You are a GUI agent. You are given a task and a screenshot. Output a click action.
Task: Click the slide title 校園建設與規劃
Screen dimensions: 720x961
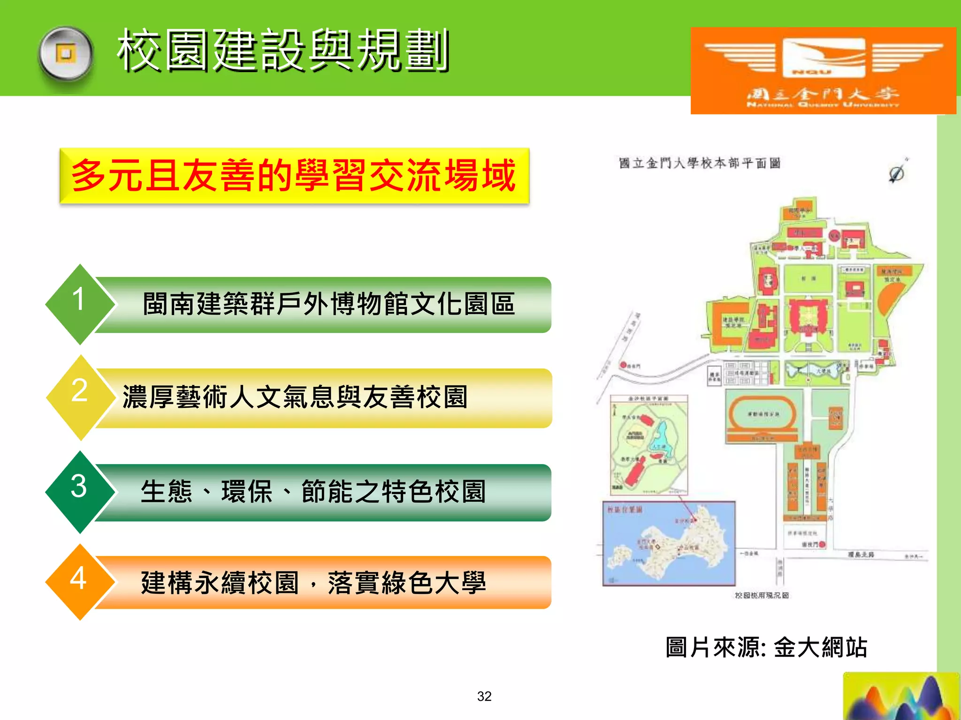pos(283,50)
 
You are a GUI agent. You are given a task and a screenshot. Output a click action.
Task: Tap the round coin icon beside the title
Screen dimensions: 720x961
pos(66,54)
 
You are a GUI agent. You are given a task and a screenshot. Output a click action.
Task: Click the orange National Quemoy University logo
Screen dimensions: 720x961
pos(823,70)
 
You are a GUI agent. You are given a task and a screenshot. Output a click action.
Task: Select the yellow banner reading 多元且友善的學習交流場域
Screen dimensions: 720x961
pos(294,175)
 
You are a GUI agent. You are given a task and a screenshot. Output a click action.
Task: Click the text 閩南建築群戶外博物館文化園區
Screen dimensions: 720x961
pos(328,304)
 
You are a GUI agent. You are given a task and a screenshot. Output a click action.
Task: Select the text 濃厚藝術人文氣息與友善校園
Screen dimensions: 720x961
pos(295,397)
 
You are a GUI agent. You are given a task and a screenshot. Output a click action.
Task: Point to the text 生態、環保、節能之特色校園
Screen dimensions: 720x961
pos(313,492)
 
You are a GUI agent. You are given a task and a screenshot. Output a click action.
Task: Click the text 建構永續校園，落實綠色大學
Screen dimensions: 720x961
pos(313,583)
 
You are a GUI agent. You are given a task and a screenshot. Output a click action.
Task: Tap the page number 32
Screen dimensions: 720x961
pos(484,696)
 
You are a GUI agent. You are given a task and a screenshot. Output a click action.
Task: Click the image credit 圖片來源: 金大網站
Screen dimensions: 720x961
pos(766,647)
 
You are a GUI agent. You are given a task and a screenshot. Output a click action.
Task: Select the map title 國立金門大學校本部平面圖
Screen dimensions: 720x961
pos(699,163)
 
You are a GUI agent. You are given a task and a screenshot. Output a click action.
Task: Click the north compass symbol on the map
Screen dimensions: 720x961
pos(897,173)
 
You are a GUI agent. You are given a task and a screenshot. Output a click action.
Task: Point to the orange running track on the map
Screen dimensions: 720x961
pos(762,414)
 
